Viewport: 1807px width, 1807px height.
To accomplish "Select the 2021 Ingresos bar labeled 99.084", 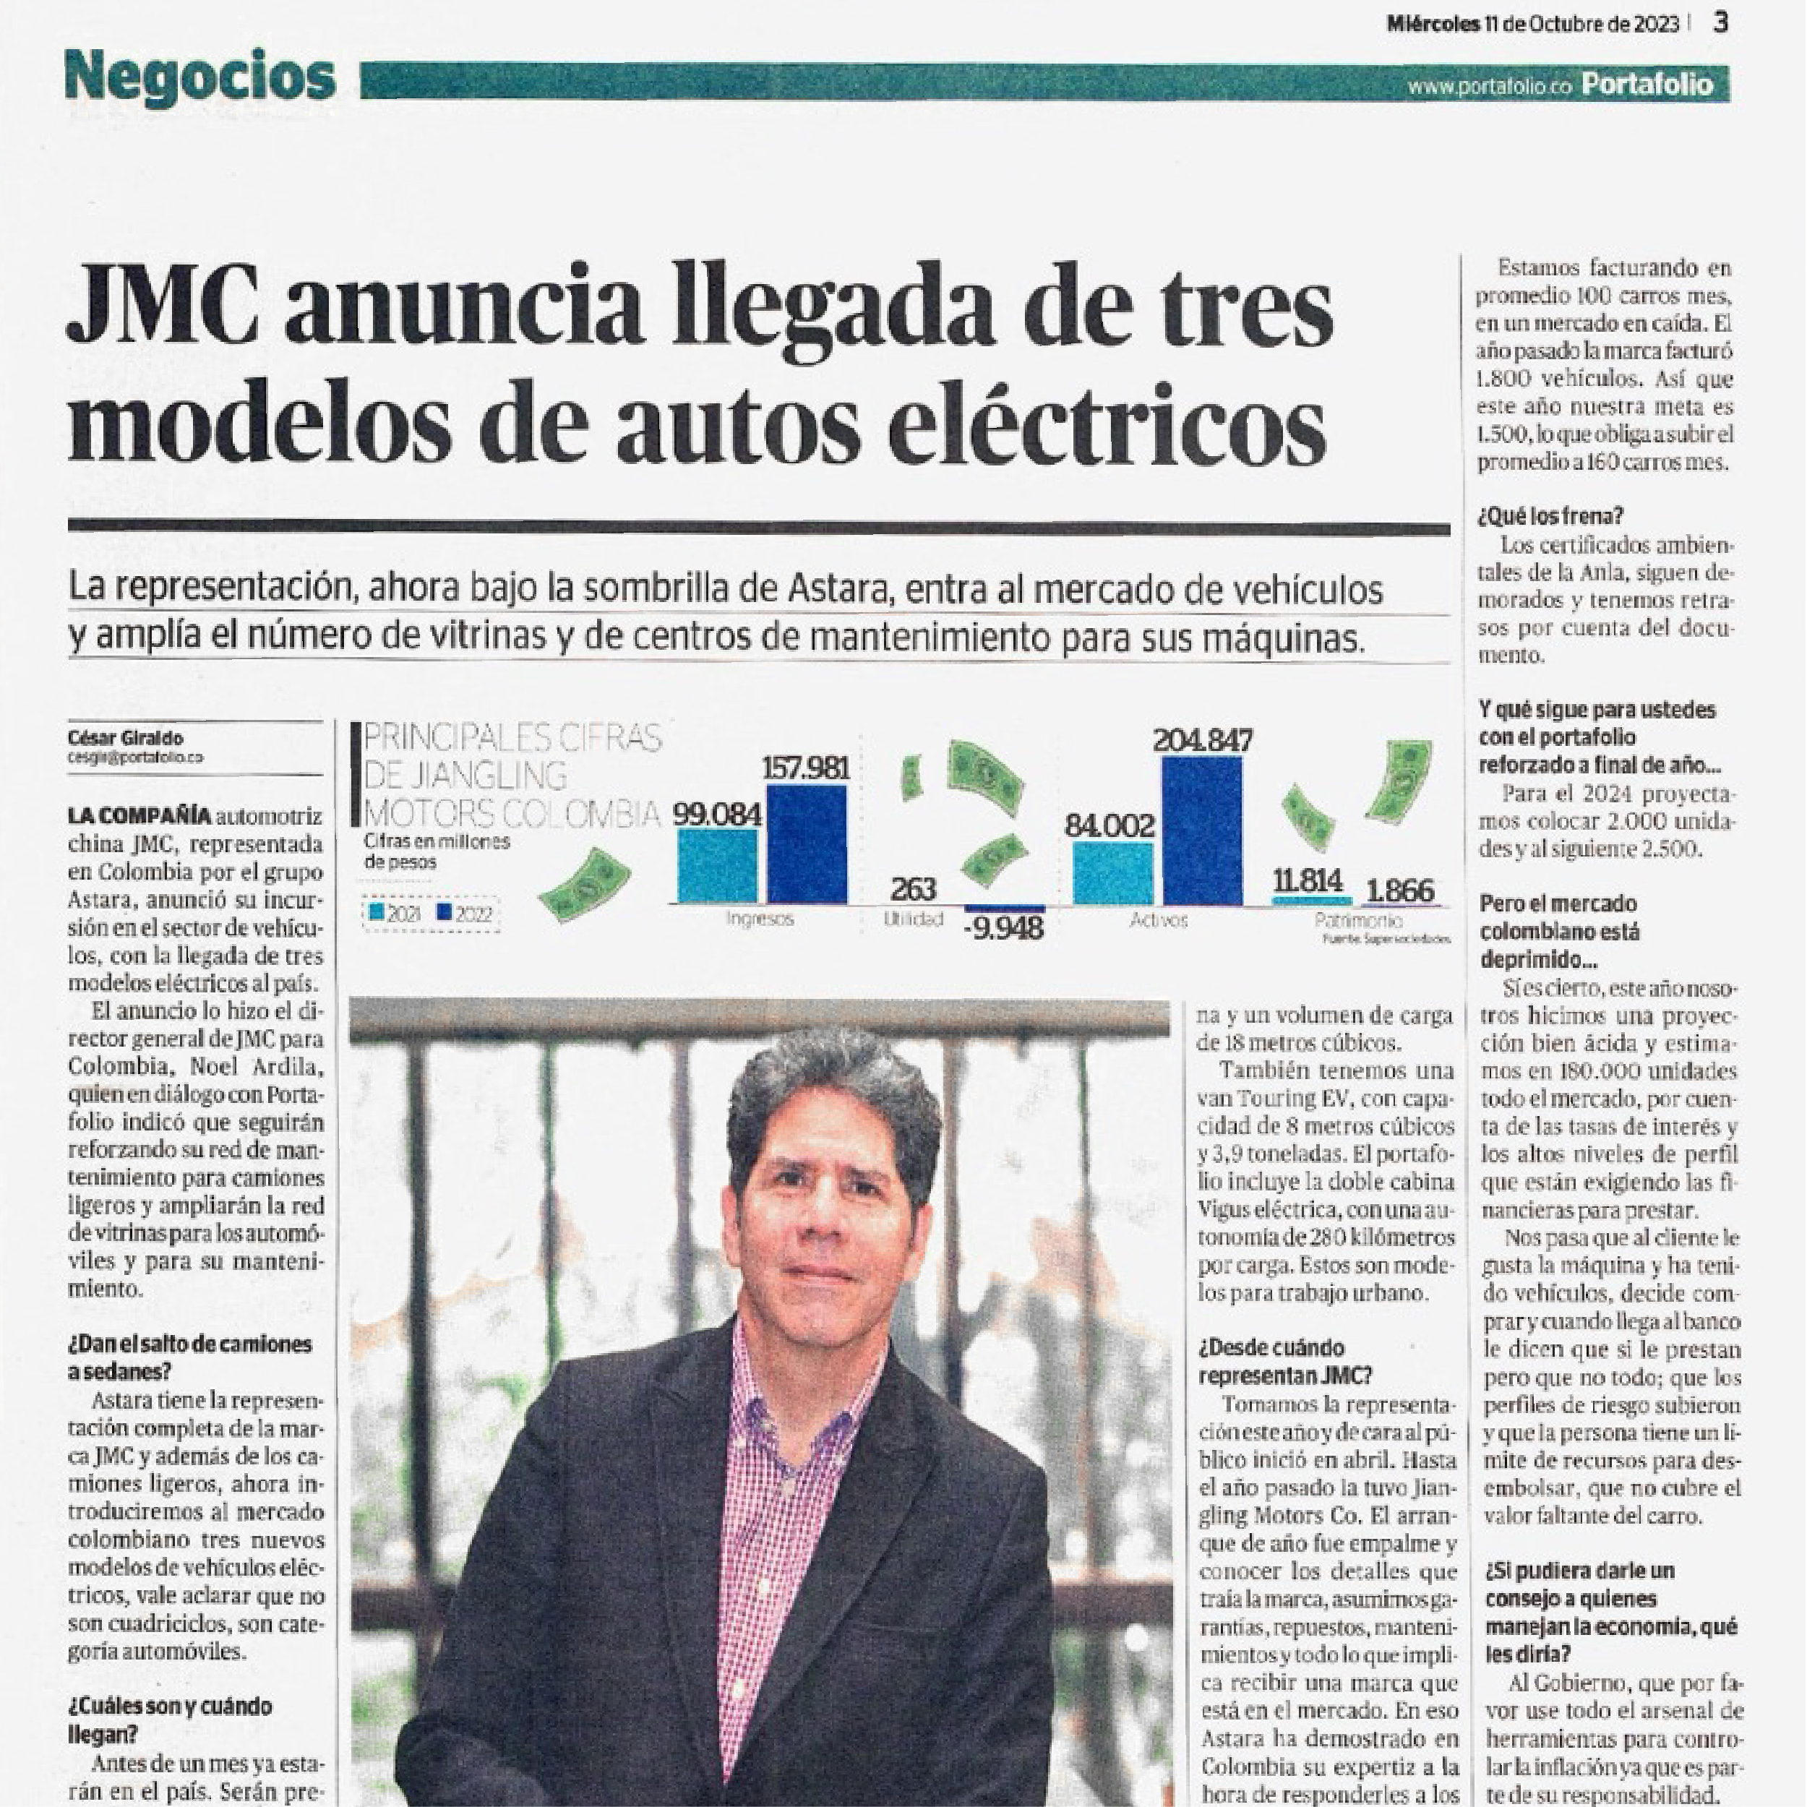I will (716, 866).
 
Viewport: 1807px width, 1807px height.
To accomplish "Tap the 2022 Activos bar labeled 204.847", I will (1202, 830).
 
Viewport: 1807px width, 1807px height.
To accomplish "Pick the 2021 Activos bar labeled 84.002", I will (1112, 872).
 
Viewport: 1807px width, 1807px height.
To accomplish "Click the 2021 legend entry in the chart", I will (395, 914).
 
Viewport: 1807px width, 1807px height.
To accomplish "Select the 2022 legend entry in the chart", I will (464, 914).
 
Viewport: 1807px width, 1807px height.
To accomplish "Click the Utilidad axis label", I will (913, 919).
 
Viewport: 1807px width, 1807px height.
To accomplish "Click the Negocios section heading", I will (200, 77).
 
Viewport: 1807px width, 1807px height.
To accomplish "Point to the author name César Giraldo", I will (125, 738).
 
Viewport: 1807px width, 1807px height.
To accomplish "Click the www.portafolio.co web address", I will (1491, 87).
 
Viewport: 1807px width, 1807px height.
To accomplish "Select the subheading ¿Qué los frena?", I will (1550, 515).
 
